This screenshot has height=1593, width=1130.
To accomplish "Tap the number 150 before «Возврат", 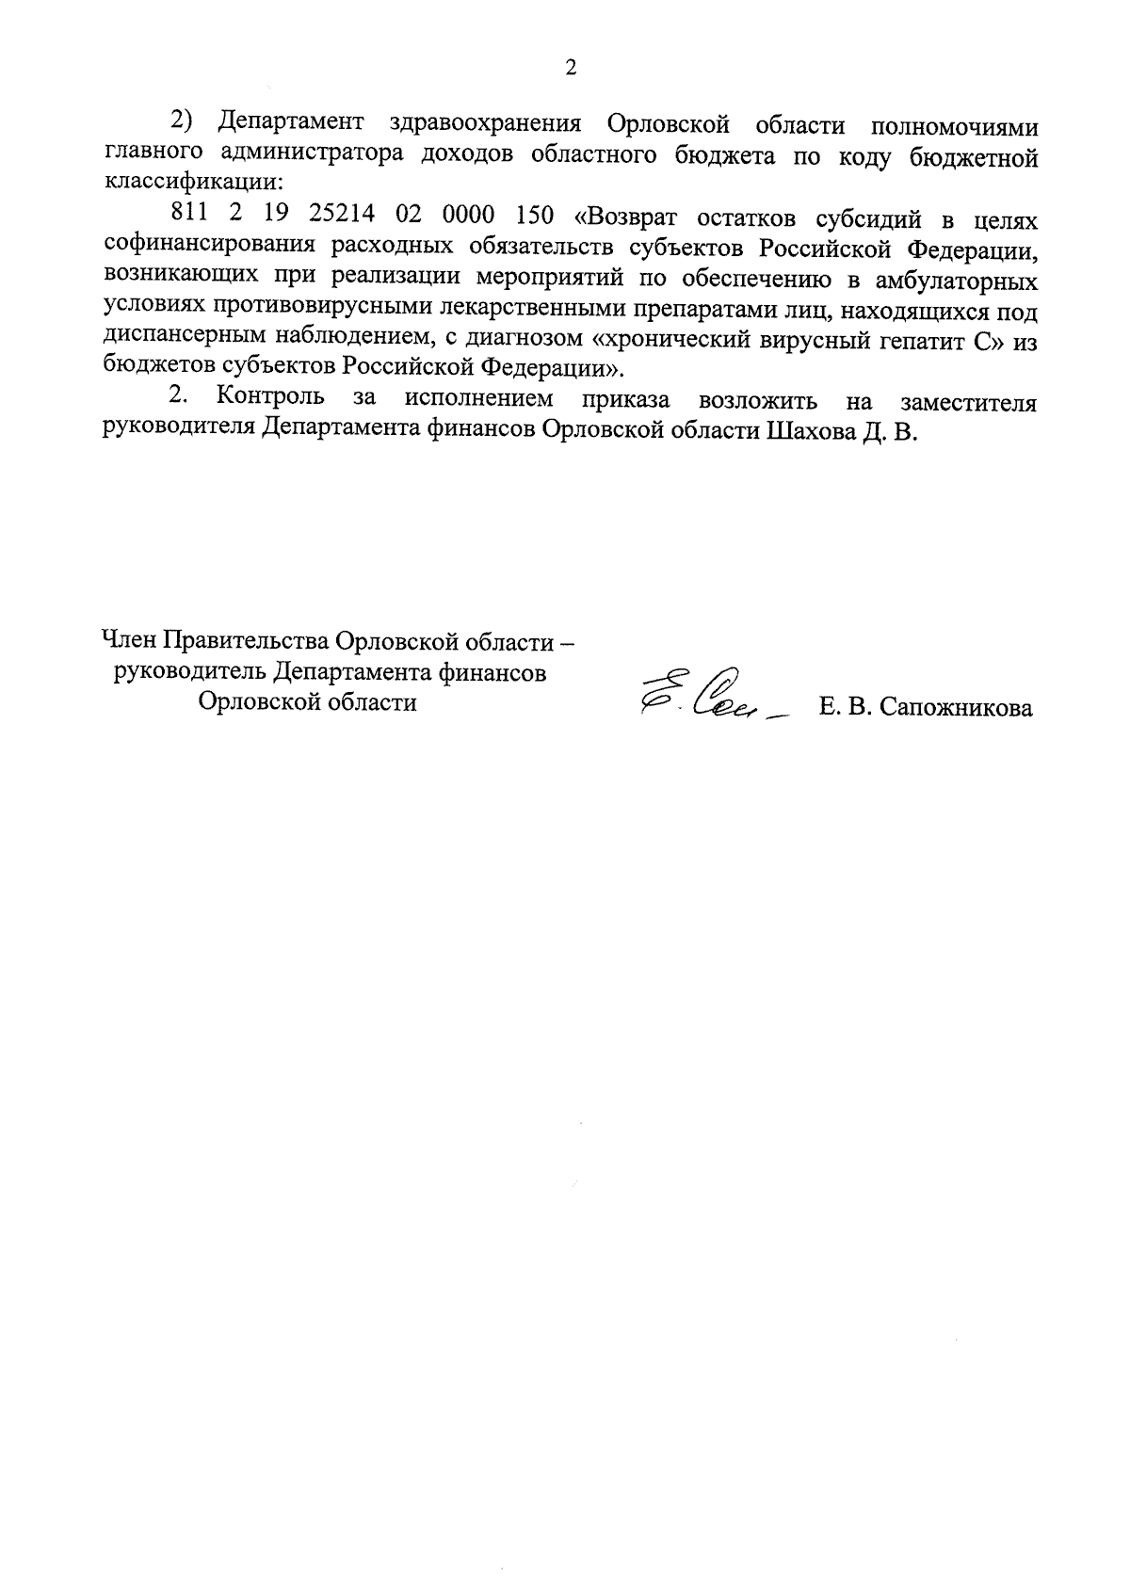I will [x=535, y=218].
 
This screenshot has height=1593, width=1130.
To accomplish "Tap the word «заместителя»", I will [x=968, y=402].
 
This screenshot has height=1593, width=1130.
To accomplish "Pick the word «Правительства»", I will [x=249, y=642].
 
